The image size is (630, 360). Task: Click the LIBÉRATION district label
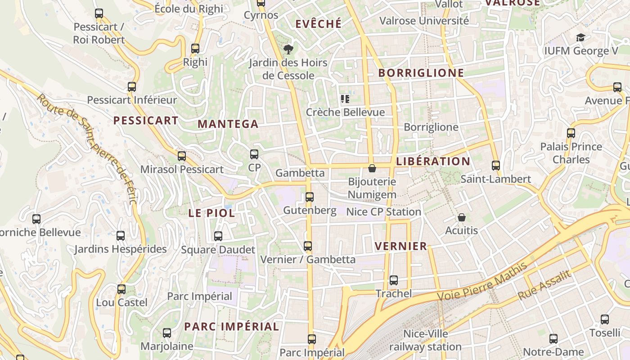433,161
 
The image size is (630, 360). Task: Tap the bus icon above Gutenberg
310,197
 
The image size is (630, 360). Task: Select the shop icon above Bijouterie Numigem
372,168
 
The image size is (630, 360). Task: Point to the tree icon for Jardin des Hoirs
288,49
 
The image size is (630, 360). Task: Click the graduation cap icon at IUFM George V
581,37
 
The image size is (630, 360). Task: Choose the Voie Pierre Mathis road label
482,282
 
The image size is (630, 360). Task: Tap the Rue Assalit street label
544,285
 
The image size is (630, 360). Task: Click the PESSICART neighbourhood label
146,121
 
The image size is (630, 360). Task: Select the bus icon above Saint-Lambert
496,166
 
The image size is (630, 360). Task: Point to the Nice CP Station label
383,211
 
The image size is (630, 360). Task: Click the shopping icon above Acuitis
462,217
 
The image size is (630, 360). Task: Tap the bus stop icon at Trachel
394,280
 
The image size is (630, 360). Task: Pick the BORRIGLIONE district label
421,73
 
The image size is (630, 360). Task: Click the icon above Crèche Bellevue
345,99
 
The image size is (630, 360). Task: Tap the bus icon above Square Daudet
218,236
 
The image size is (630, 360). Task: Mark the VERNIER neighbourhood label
400,246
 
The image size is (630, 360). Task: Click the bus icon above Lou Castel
121,289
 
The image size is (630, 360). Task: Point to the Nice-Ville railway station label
425,340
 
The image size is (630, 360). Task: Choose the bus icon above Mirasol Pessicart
182,156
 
